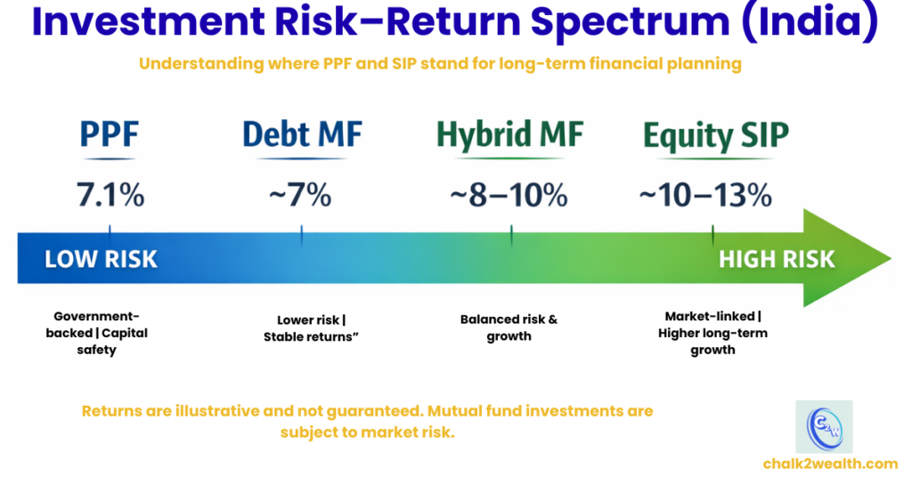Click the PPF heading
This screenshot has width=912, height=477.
pyautogui.click(x=109, y=135)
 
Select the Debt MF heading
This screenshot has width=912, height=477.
pyautogui.click(x=302, y=135)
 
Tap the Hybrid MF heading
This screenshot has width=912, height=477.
pyautogui.click(x=509, y=135)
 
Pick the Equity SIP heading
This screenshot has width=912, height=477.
pyautogui.click(x=715, y=135)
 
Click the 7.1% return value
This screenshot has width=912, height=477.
pyautogui.click(x=109, y=195)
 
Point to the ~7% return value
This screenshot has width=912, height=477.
pyautogui.click(x=300, y=195)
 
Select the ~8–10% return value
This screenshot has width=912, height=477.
pyautogui.click(x=509, y=195)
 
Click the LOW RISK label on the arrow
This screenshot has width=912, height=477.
pyautogui.click(x=101, y=259)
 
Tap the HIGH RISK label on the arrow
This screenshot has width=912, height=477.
pyautogui.click(x=777, y=259)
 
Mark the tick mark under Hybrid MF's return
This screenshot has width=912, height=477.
pyautogui.click(x=511, y=235)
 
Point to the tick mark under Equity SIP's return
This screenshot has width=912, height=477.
pyautogui.click(x=712, y=235)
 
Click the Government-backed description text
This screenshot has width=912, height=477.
pyautogui.click(x=100, y=333)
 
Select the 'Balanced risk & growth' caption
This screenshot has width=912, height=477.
pyautogui.click(x=509, y=327)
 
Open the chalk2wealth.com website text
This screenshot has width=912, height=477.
pyautogui.click(x=830, y=463)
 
